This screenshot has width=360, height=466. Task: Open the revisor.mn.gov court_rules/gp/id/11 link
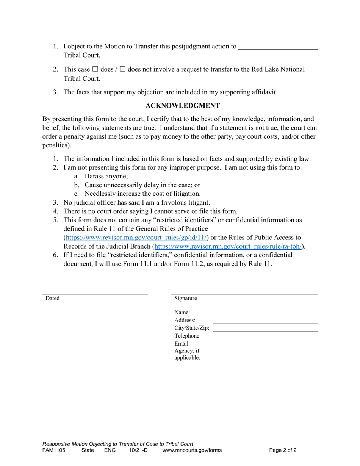tap(136, 238)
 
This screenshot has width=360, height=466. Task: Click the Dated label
tap(53, 298)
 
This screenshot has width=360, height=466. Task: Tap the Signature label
tap(186, 298)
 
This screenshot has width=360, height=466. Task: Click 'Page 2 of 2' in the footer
tap(283, 450)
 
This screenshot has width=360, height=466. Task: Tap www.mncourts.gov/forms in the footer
tap(192, 450)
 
